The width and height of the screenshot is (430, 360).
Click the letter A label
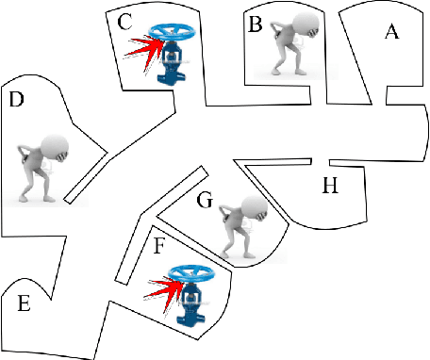click(392, 32)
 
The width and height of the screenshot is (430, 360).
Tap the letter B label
click(255, 25)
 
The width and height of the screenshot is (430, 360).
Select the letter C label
click(124, 23)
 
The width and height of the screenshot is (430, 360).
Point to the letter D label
click(17, 99)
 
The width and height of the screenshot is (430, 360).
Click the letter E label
click(24, 303)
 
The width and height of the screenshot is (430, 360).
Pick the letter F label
click(158, 246)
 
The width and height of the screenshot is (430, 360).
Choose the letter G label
click(205, 200)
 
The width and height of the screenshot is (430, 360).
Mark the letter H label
click(330, 185)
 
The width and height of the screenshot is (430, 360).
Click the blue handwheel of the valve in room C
click(172, 32)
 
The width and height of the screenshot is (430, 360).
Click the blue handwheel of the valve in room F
click(191, 273)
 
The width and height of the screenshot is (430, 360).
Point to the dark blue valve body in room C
click(170, 62)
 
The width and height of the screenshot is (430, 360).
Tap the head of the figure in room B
click(306, 25)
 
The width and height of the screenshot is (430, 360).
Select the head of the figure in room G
click(255, 208)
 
